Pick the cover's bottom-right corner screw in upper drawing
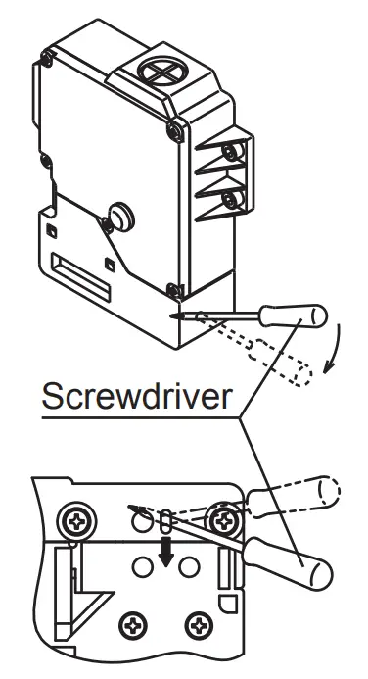pyautogui.click(x=173, y=288)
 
